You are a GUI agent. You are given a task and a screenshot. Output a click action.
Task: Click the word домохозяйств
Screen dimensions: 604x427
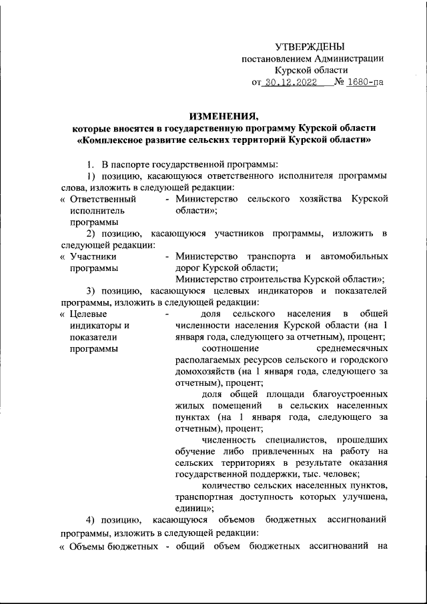coord(203,372)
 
